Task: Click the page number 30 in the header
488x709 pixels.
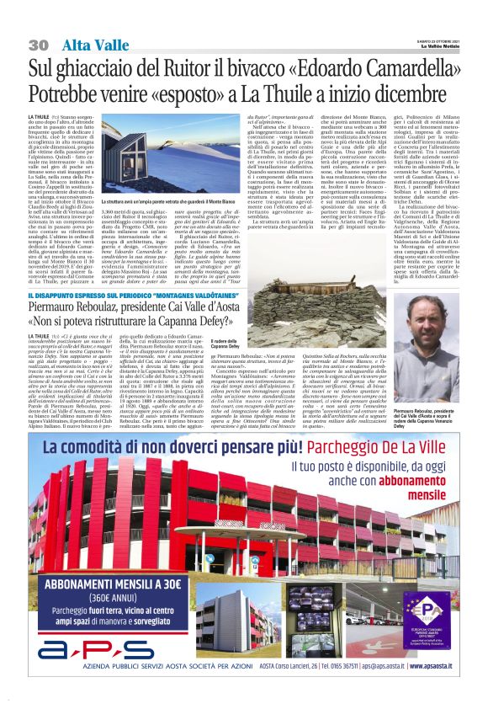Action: pos(38,45)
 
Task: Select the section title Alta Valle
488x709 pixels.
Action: pos(88,45)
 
